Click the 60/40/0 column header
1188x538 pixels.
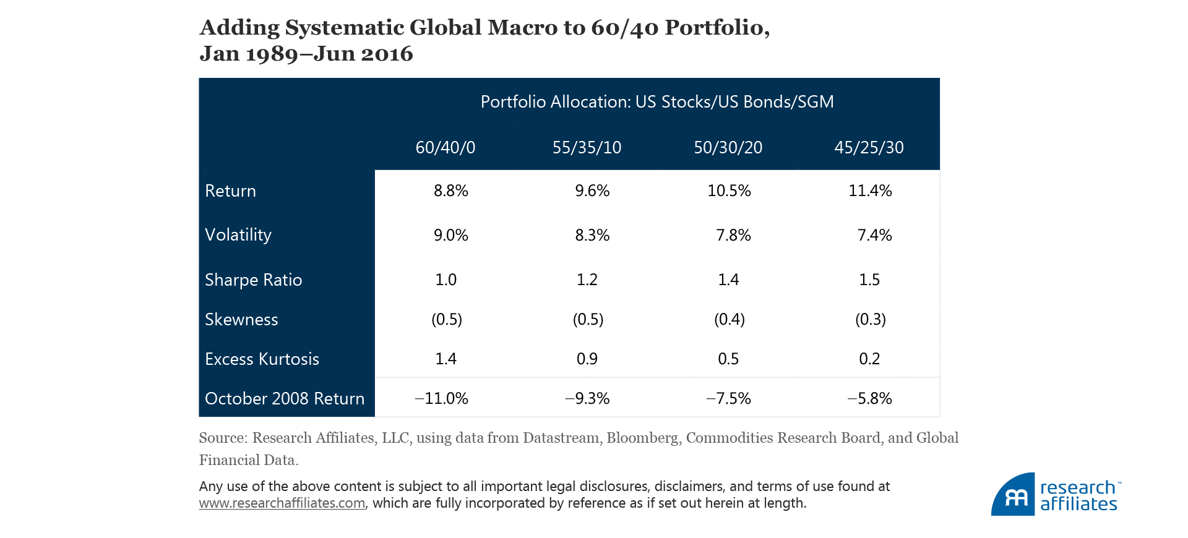445,147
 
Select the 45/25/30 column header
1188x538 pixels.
869,147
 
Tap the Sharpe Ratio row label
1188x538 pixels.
253,280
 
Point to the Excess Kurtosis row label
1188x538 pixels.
262,359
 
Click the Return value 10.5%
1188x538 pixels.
729,190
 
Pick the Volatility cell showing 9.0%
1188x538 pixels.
450,235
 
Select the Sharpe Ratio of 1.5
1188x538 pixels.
869,280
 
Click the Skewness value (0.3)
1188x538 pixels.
870,319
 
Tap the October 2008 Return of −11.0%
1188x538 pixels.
441,398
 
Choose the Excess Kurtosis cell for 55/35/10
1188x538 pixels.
587,359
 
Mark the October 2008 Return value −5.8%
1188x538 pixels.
869,398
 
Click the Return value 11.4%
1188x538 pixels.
870,190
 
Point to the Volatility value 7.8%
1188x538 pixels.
733,235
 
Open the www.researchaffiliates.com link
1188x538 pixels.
282,503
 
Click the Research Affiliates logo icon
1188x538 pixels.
1014,495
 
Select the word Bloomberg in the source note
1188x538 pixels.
642,438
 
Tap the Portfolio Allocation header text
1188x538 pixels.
657,101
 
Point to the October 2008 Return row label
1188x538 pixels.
284,398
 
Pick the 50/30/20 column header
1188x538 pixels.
728,147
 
